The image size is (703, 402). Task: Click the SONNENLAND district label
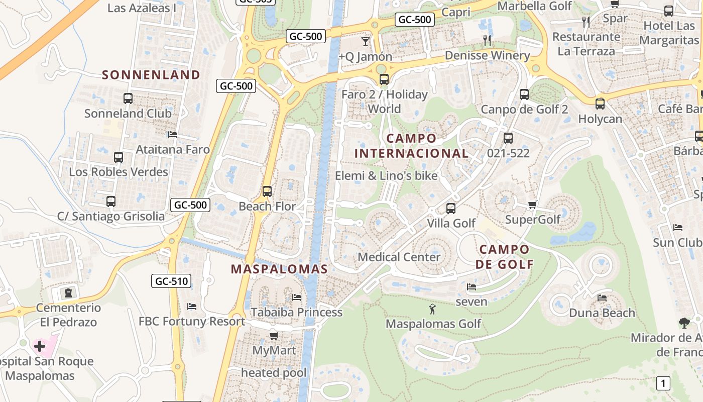tap(151, 75)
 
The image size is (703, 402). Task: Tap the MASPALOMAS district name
tap(279, 269)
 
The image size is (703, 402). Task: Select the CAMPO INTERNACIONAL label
tap(411, 146)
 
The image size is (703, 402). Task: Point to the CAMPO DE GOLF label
tap(504, 257)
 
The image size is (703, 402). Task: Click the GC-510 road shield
tap(172, 281)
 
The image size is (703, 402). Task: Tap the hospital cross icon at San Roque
tap(40, 346)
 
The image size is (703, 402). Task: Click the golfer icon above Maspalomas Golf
tap(432, 309)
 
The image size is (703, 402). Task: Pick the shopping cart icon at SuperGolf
tap(533, 205)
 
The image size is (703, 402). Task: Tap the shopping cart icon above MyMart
tap(274, 335)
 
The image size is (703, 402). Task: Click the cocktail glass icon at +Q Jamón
tap(366, 41)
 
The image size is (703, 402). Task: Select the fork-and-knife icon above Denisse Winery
tap(487, 41)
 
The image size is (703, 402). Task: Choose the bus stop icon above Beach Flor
tap(267, 191)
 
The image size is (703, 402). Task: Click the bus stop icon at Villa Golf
tap(451, 208)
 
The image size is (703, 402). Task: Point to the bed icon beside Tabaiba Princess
tap(297, 297)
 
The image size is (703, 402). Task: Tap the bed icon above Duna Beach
tap(602, 298)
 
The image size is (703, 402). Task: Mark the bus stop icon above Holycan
tap(600, 104)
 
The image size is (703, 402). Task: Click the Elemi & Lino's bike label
tap(386, 176)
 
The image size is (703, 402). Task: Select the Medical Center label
tap(399, 257)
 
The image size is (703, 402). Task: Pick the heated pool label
tap(274, 372)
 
